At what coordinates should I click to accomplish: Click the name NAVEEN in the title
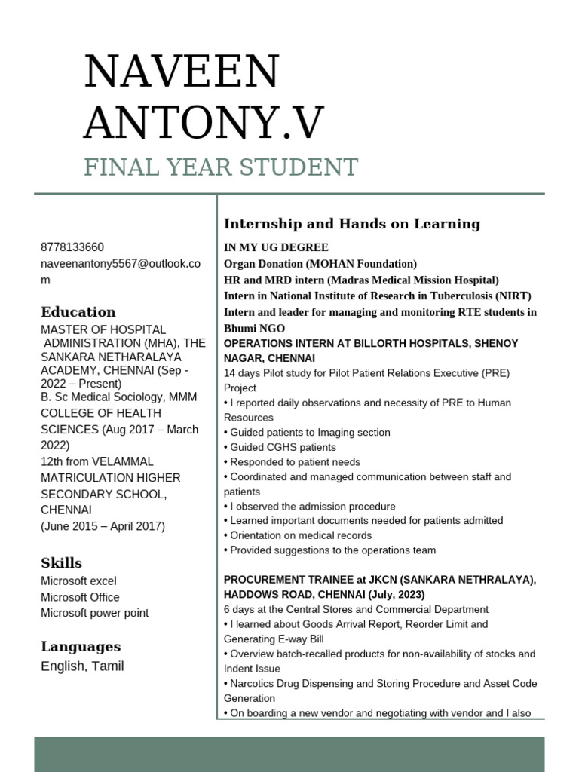(x=182, y=72)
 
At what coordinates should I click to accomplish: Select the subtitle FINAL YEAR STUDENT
(x=221, y=167)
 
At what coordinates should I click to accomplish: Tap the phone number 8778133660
(x=72, y=247)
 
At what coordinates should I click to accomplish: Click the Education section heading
(x=78, y=312)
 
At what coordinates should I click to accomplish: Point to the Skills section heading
(x=62, y=563)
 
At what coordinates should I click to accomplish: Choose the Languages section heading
(x=81, y=646)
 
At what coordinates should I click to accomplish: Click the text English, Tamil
(x=82, y=666)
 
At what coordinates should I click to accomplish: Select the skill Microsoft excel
(x=78, y=581)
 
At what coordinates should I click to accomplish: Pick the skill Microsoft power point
(x=94, y=613)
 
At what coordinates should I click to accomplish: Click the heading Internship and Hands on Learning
(x=352, y=224)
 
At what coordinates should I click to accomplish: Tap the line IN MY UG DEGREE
(x=276, y=247)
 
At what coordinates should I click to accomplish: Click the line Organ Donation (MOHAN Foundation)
(x=320, y=264)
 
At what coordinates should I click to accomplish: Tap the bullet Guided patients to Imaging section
(x=309, y=433)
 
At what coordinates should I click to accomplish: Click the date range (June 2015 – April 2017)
(x=103, y=526)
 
